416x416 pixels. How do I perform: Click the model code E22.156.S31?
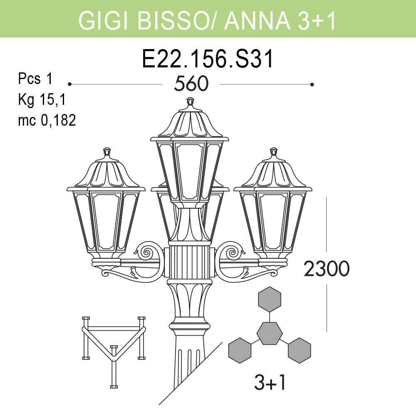point(208,59)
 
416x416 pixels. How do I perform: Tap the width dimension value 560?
point(191,84)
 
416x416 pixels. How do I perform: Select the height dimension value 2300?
point(326,270)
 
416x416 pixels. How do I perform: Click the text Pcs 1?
point(35,79)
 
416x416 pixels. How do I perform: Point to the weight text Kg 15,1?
point(42,100)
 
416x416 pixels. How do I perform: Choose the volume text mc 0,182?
point(47,121)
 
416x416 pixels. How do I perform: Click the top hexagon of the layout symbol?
point(270,299)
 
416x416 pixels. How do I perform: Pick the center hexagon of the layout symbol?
point(270,332)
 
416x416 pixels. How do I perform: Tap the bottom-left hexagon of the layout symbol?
point(240,350)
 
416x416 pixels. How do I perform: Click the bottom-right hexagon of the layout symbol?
point(300,350)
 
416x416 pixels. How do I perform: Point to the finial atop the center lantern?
point(190,102)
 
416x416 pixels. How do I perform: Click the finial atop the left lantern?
point(107,151)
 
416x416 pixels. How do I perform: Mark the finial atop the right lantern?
point(273,151)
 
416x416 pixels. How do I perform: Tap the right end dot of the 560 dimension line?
point(312,84)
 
